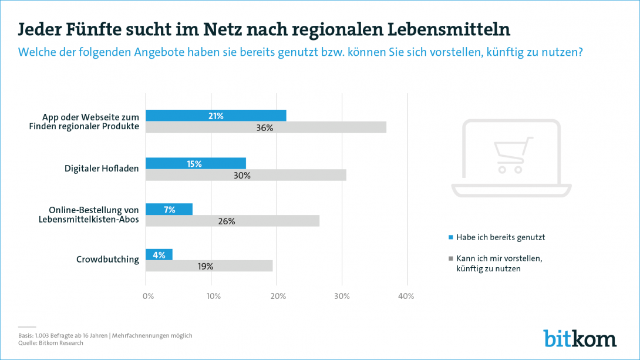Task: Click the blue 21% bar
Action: click(x=215, y=116)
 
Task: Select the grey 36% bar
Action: click(x=265, y=127)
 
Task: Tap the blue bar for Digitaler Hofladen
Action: click(x=196, y=163)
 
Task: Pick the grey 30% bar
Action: click(x=245, y=175)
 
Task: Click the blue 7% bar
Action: click(x=169, y=209)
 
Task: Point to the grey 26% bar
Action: click(x=233, y=221)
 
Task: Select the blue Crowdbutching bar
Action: click(x=159, y=254)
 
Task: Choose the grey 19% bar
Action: click(x=209, y=266)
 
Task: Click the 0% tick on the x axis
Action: click(x=148, y=297)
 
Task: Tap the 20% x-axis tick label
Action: click(x=277, y=297)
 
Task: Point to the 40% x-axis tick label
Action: click(x=406, y=297)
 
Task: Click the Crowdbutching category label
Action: click(x=108, y=260)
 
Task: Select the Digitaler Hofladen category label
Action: click(x=102, y=169)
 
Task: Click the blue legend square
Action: click(x=451, y=237)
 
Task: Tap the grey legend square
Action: click(x=451, y=258)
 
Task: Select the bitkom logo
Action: click(x=580, y=338)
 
